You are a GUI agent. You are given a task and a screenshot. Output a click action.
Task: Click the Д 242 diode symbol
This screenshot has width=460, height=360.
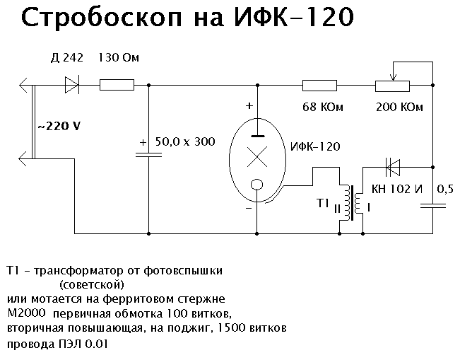point(72,86)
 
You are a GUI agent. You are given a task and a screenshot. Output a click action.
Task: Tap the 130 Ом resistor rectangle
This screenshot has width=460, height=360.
point(117,86)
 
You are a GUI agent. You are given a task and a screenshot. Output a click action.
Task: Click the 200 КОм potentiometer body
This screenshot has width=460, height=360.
point(391,86)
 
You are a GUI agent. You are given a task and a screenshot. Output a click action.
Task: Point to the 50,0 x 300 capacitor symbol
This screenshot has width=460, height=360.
point(149,155)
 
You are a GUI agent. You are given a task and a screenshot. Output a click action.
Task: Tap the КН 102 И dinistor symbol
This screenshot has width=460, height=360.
point(391,168)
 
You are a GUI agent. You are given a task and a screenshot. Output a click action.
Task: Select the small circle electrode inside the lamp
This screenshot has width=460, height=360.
point(256,186)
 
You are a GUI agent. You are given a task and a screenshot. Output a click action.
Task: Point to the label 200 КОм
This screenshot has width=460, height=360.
point(401,108)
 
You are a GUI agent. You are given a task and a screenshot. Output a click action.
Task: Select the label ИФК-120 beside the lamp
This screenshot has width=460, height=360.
point(314,147)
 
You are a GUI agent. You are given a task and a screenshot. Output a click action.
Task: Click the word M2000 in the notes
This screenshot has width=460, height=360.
point(26,312)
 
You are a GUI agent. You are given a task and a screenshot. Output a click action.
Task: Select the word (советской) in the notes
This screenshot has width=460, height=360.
point(92,284)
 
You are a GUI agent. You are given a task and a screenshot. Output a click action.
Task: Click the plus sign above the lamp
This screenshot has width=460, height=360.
point(249,105)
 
